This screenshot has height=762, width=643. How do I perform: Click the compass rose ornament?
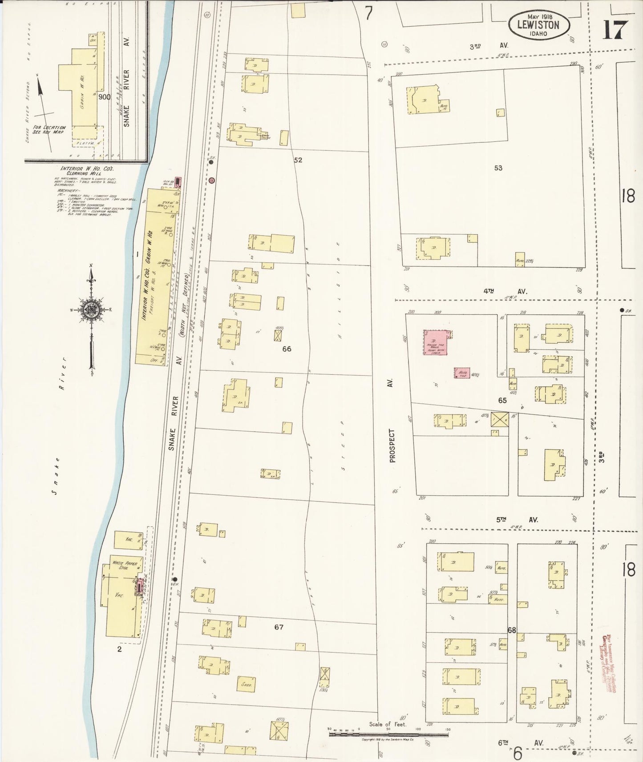(91, 311)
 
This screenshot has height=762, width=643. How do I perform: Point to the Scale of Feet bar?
(388, 734)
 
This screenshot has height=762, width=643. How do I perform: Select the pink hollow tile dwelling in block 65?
(436, 342)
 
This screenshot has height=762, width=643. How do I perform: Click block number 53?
(498, 168)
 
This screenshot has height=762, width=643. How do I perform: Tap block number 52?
(298, 160)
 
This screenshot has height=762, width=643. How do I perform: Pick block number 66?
(287, 349)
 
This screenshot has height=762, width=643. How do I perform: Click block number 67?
(279, 627)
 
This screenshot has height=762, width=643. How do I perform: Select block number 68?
(511, 630)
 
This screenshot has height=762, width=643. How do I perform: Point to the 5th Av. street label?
(516, 519)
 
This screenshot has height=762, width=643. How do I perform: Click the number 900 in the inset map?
(105, 97)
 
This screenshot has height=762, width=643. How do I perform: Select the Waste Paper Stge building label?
(125, 565)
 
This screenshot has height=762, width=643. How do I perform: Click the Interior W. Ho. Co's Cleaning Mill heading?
(87, 171)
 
